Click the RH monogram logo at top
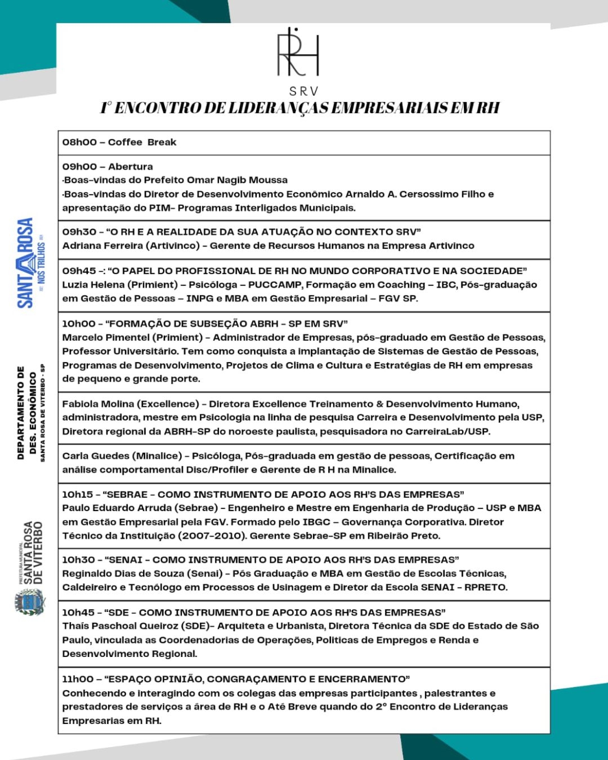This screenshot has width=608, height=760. tap(298, 52)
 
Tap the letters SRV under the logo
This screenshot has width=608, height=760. tap(304, 91)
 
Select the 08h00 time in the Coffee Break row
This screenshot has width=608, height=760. tap(79, 142)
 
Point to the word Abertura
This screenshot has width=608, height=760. tap(131, 167)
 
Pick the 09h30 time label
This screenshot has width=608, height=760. tap(79, 232)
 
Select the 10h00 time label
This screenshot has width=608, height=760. tap(79, 324)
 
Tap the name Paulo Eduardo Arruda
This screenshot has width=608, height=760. tap(111, 508)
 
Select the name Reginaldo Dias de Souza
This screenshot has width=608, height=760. tap(123, 574)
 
